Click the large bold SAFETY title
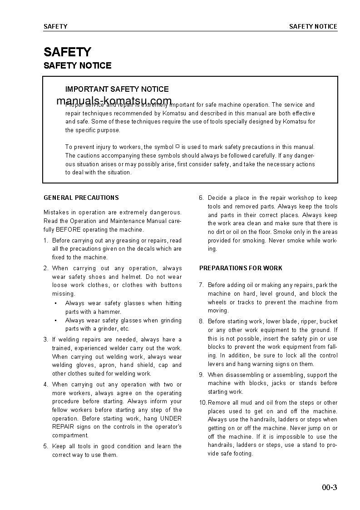67,52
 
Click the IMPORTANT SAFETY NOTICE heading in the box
117,89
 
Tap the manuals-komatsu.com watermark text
114,101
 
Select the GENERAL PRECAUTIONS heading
81,198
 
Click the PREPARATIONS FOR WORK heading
241,268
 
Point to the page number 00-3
330,488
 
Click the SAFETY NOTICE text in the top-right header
313,27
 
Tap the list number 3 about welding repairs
45,340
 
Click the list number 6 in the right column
201,198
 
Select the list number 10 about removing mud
203,403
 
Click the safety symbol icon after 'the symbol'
178,147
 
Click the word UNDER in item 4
171,419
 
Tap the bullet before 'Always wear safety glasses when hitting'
55,303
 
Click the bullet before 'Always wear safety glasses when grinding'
55,321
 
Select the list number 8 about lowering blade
201,322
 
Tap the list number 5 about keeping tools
45,446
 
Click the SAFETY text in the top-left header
55,27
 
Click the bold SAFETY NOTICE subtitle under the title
77,66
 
